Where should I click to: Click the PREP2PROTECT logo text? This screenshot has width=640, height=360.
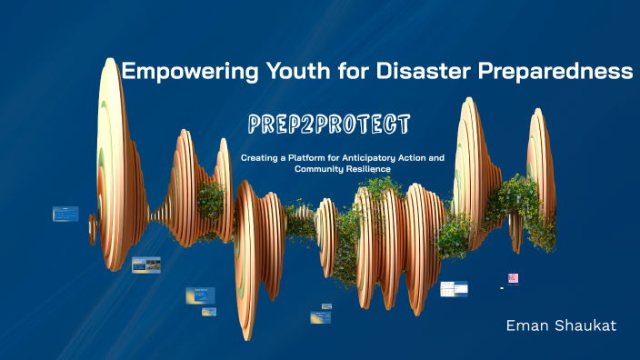pyautogui.click(x=329, y=123)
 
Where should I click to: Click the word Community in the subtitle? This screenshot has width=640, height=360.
pyautogui.click(x=325, y=169)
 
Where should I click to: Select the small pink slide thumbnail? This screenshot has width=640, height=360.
pyautogui.click(x=513, y=278)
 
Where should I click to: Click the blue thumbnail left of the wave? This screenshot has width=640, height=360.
pyautogui.click(x=65, y=214)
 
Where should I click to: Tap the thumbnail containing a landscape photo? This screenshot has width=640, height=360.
pyautogui.click(x=145, y=265)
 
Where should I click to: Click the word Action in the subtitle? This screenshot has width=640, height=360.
pyautogui.click(x=427, y=157)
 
